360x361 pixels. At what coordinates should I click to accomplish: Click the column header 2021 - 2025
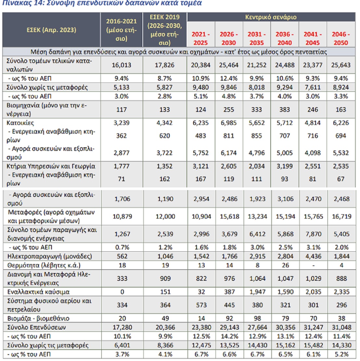tap(200, 38)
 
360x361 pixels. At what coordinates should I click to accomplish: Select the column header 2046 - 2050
tap(341, 38)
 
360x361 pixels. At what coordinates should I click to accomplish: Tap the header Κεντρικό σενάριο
tap(271, 17)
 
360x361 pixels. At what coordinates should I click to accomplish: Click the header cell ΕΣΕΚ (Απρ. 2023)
tap(51, 30)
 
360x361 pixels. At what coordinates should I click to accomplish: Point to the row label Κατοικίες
tap(20, 123)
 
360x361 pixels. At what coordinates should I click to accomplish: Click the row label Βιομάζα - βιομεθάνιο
tap(38, 318)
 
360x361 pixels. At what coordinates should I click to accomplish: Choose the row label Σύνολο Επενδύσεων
tap(37, 327)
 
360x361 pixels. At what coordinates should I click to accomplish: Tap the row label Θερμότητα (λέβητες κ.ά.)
tap(44, 265)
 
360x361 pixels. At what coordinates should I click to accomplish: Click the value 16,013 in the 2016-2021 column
tap(122, 65)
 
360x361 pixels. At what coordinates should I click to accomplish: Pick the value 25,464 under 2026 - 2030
tap(229, 65)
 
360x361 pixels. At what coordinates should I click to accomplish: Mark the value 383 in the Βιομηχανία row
tap(285, 110)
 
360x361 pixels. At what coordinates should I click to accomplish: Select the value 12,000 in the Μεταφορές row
tap(165, 216)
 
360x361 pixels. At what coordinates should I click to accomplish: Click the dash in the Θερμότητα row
tap(313, 265)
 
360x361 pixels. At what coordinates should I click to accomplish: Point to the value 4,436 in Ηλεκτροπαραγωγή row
tap(313, 256)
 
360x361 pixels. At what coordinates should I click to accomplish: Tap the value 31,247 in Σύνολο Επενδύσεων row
tap(313, 327)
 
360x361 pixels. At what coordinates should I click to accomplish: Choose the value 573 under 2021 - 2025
tap(201, 305)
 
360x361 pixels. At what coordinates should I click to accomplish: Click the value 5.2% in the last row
tap(341, 354)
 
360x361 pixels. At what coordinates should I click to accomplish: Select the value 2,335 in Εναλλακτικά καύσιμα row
tap(341, 292)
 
